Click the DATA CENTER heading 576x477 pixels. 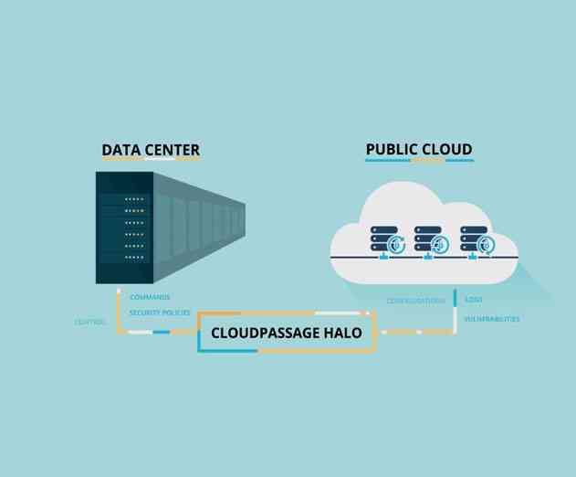click(151, 150)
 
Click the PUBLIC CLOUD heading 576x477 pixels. click(419, 149)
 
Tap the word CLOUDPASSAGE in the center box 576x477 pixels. click(265, 334)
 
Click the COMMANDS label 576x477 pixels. click(150, 297)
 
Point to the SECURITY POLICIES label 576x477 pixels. click(160, 313)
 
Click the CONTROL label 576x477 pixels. click(90, 322)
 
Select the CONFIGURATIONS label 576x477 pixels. click(415, 301)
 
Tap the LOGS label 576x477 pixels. click(474, 299)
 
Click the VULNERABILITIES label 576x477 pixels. click(492, 319)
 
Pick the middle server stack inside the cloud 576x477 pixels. click(426, 238)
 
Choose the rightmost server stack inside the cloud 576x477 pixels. click(473, 238)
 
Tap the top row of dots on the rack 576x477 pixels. click(134, 198)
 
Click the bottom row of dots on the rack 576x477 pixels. click(134, 258)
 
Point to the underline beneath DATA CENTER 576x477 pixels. click(151, 160)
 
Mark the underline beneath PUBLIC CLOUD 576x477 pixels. click(419, 160)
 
